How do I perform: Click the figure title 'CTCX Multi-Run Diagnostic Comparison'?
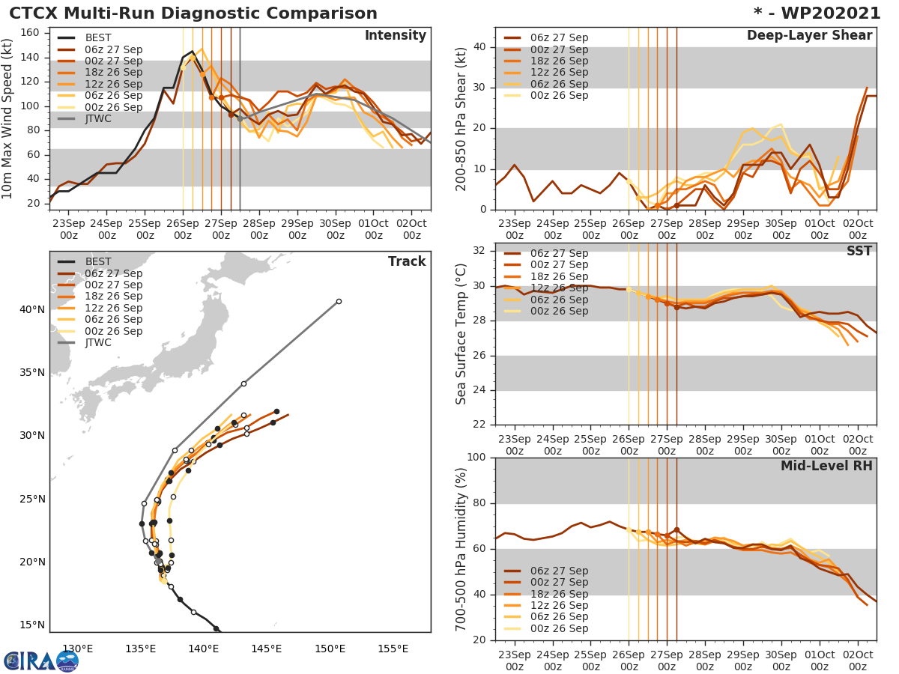click(x=193, y=13)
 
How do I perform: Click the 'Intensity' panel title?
click(x=395, y=36)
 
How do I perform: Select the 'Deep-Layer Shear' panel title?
click(x=809, y=36)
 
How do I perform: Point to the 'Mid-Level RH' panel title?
click(x=826, y=466)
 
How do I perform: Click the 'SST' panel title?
click(x=859, y=251)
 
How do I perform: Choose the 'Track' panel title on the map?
click(x=407, y=261)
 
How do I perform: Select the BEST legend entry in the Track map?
click(x=98, y=262)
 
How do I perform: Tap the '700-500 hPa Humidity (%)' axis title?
click(x=461, y=549)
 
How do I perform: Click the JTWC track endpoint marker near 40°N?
click(x=339, y=301)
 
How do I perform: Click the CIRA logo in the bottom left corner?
click(x=41, y=661)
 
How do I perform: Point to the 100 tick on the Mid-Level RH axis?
click(x=478, y=458)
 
